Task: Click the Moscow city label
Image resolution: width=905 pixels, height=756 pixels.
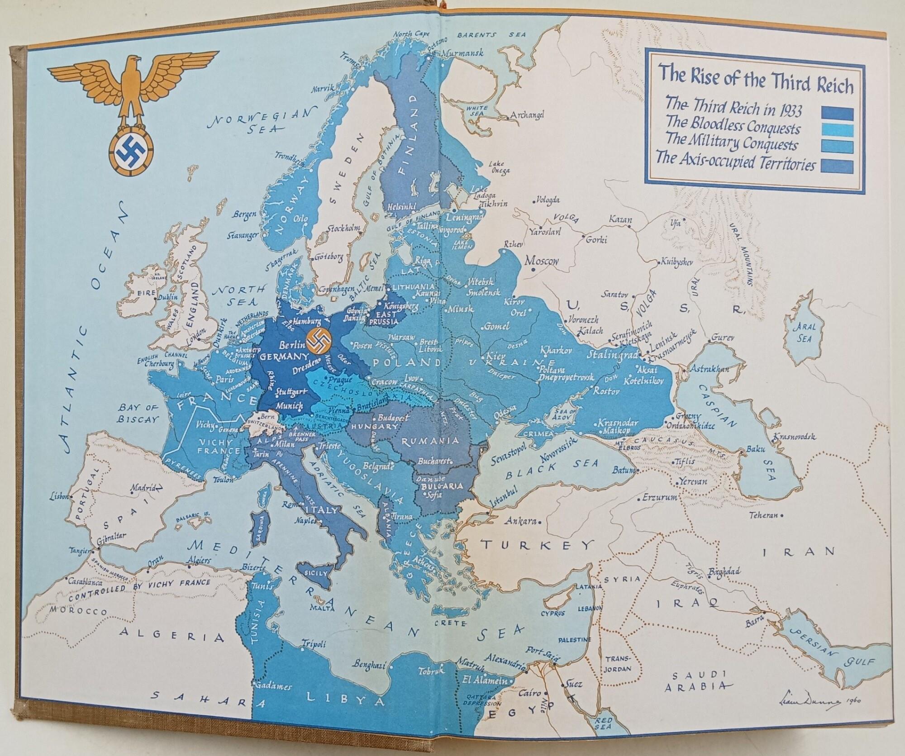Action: coord(542,261)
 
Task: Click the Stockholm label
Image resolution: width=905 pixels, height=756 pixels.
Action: coord(343,228)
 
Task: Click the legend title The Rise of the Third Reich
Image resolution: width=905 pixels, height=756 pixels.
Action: coord(755,84)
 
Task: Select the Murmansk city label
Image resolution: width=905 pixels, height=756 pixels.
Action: coord(462,52)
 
